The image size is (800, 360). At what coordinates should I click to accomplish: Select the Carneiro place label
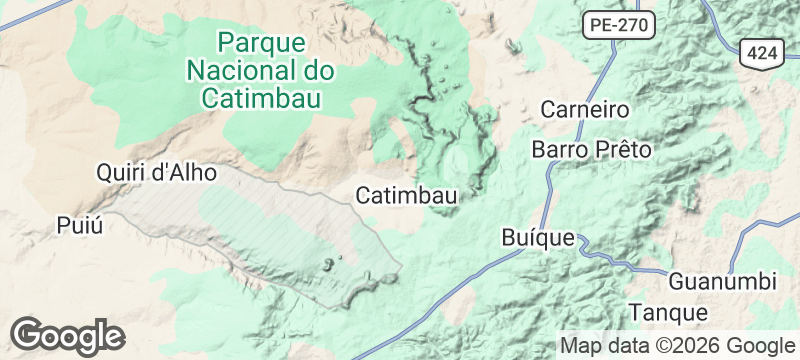(x=583, y=109)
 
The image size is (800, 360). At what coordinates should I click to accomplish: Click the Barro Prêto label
(x=592, y=150)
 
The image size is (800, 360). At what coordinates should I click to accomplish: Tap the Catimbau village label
(x=406, y=196)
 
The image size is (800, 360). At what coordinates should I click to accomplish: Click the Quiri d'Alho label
(x=155, y=172)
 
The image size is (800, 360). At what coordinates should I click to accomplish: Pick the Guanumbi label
(x=716, y=279)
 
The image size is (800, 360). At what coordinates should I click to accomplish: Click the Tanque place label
(x=669, y=312)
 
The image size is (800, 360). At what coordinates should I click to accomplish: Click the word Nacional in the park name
(x=237, y=70)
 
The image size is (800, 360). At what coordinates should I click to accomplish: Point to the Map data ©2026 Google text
(x=674, y=346)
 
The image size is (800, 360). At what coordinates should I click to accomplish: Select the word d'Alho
(x=182, y=172)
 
